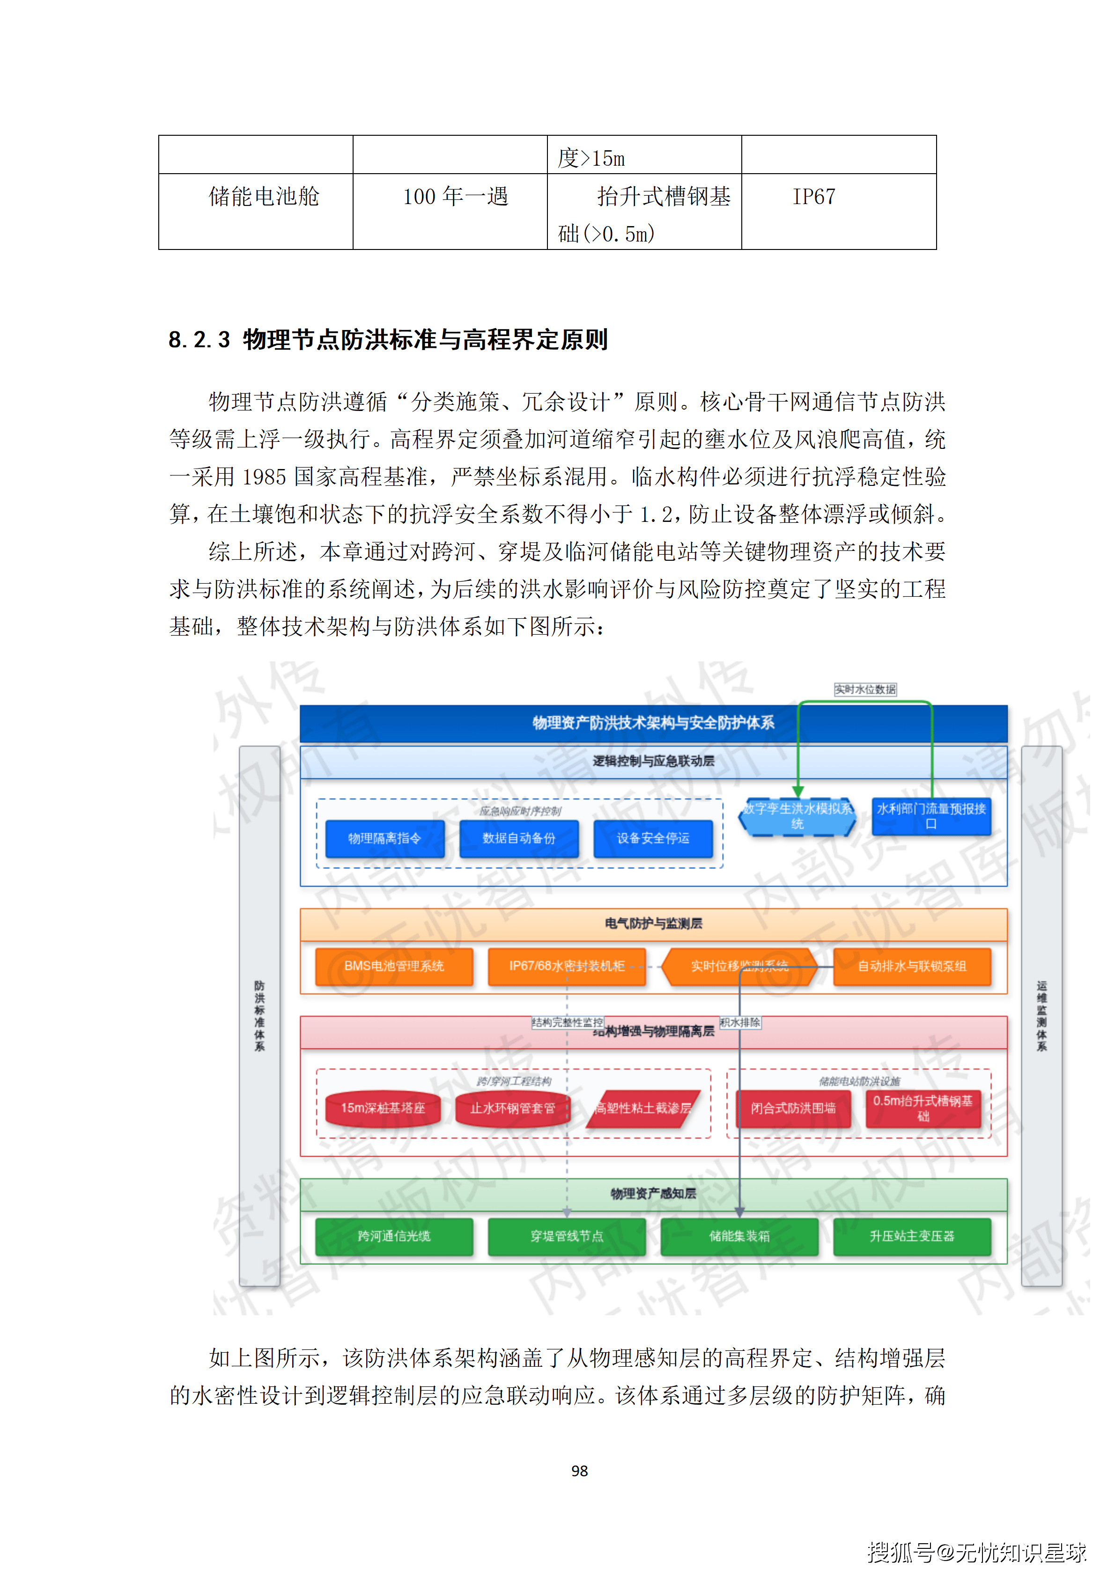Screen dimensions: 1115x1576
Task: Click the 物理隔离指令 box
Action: (384, 838)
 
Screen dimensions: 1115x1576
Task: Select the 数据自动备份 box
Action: (518, 838)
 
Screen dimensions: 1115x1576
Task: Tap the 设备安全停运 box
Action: (653, 838)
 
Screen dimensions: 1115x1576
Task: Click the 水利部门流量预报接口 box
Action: (931, 816)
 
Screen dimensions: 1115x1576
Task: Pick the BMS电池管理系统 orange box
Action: (394, 967)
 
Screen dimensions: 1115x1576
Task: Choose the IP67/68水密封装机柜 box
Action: (567, 967)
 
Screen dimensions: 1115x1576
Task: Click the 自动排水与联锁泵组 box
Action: (912, 967)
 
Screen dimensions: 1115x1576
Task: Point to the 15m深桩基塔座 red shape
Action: (383, 1108)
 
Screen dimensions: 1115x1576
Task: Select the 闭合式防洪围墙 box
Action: (793, 1108)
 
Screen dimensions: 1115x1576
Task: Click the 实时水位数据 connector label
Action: (865, 689)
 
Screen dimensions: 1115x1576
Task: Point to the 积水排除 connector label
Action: (740, 1022)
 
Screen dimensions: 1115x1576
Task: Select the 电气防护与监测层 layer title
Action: (653, 924)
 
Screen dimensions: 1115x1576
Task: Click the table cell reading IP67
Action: (814, 197)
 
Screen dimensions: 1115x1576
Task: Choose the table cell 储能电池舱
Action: (264, 197)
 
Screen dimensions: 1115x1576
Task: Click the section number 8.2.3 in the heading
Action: (199, 340)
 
